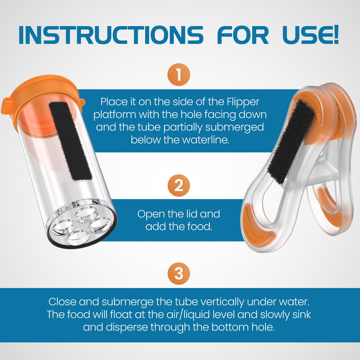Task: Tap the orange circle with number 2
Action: coord(179,185)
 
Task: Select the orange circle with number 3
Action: coord(179,273)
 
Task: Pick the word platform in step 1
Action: coord(115,115)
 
